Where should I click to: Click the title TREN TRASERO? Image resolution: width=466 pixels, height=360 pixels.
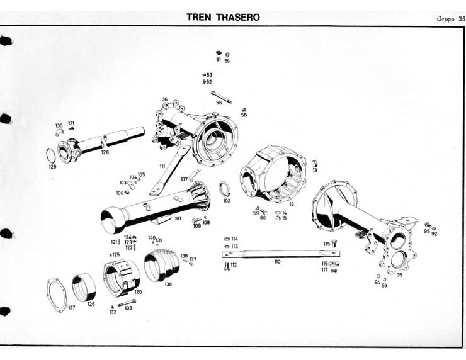pos(223,17)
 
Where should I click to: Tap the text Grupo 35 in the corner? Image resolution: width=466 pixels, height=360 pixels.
pos(450,18)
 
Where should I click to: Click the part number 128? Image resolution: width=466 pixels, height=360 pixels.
pos(105,153)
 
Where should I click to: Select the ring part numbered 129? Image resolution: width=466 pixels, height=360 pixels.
pos(51,155)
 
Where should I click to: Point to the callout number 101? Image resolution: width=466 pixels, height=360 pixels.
pos(178,218)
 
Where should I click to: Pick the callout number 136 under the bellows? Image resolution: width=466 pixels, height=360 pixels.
pos(168,284)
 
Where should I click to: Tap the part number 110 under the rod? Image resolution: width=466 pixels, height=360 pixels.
pos(277,261)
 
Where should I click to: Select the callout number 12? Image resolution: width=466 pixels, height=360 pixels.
pos(292,204)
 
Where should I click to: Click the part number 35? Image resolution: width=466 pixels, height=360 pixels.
pos(399,274)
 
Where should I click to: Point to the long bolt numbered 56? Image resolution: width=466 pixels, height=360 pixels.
pos(222,96)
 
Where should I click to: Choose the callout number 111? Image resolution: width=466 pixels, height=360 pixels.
pos(162,166)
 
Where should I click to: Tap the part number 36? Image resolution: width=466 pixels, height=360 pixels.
pos(164,99)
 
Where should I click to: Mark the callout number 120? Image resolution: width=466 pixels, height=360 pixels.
pos(138,292)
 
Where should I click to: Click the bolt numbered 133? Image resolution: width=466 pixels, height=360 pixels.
pos(126,303)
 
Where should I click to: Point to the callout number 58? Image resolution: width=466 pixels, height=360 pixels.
pos(244,115)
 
